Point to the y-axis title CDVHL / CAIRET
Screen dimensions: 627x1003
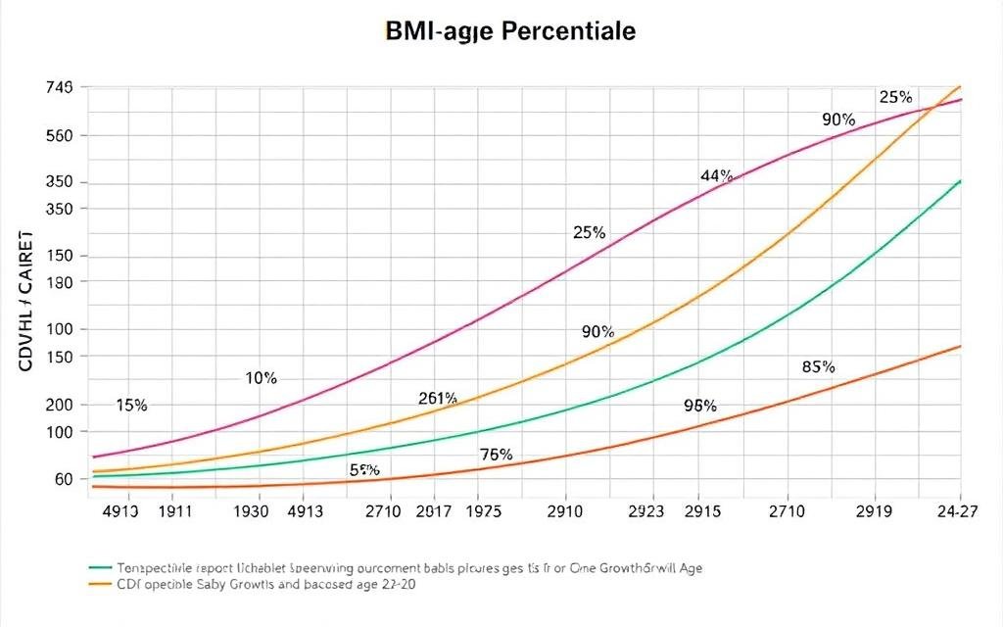(26, 301)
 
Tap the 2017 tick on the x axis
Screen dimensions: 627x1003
(434, 511)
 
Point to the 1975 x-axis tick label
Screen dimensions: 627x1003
(480, 511)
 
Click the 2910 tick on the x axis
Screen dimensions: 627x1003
(565, 511)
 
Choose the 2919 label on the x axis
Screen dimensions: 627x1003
(872, 511)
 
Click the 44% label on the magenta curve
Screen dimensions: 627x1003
(716, 176)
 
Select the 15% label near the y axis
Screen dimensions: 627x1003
(131, 406)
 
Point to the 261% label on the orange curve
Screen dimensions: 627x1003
(437, 398)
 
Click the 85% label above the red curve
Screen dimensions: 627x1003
(818, 367)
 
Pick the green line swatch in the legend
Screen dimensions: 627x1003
(101, 567)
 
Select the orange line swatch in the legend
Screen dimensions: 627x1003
(101, 584)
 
